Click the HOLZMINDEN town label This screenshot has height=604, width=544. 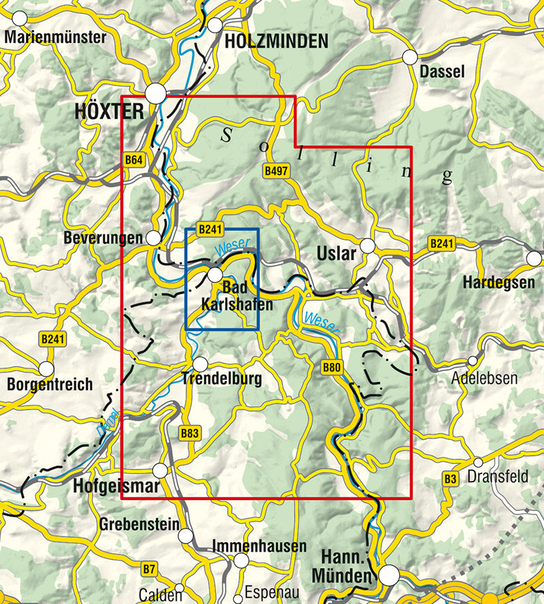pyautogui.click(x=276, y=41)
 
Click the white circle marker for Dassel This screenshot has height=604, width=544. pyautogui.click(x=409, y=58)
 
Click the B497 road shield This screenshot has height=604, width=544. pyautogui.click(x=275, y=172)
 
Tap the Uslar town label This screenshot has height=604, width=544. pyautogui.click(x=337, y=254)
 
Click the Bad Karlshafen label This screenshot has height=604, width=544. pyautogui.click(x=237, y=298)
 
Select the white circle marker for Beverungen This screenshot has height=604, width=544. pyautogui.click(x=154, y=238)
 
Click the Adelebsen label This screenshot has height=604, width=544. pyautogui.click(x=484, y=378)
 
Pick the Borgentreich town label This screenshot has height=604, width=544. pyautogui.click(x=50, y=385)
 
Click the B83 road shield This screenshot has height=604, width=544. pyautogui.click(x=189, y=432)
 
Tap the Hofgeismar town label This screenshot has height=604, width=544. pyautogui.click(x=115, y=486)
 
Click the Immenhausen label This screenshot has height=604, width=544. pyautogui.click(x=259, y=546)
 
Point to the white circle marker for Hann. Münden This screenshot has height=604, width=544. pyautogui.click(x=389, y=575)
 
